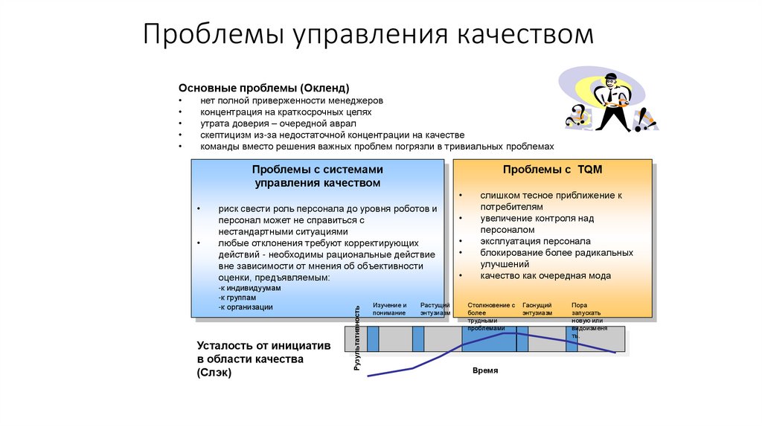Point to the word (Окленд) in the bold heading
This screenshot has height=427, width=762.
click(321, 88)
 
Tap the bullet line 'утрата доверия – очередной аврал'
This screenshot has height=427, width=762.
click(278, 123)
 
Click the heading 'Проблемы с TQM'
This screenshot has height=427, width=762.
click(552, 170)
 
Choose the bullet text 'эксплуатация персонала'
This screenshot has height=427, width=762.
click(535, 241)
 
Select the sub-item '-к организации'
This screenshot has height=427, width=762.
click(246, 306)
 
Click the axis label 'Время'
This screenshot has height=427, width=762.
click(485, 370)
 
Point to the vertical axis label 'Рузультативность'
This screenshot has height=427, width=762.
click(358, 338)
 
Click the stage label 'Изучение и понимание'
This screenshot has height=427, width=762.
click(389, 309)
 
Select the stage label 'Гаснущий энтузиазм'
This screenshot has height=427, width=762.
click(537, 309)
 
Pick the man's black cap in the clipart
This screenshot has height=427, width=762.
click(609, 77)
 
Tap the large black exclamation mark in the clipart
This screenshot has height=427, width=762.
click(642, 119)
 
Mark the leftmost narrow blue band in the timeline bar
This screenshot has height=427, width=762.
click(373, 338)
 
